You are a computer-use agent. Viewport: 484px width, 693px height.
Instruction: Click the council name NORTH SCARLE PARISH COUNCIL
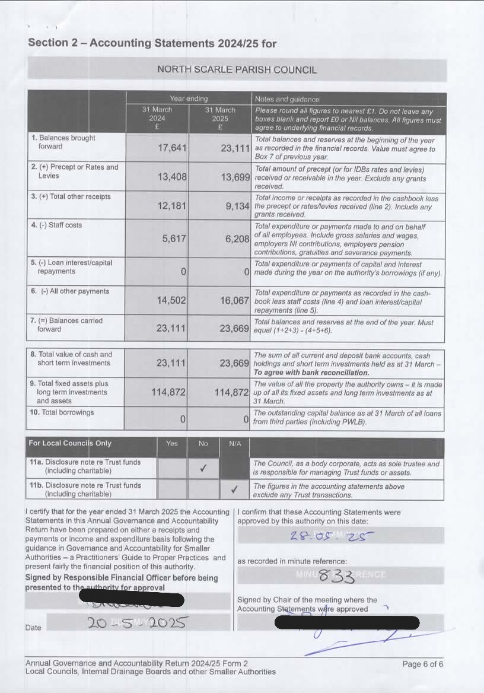tap(237, 69)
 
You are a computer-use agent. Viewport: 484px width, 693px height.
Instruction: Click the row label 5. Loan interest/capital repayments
tap(71, 267)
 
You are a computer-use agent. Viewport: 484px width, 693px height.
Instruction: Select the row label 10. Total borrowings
tap(62, 412)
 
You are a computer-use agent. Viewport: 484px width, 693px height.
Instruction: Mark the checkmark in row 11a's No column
tap(203, 469)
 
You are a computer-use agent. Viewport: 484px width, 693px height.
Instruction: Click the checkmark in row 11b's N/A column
tap(234, 489)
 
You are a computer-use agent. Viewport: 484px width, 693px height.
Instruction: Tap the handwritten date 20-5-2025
tap(138, 623)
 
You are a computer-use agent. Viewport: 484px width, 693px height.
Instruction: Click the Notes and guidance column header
tap(287, 99)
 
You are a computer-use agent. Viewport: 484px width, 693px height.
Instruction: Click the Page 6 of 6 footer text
tap(422, 664)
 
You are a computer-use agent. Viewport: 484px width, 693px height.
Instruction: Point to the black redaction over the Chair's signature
tap(347, 622)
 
